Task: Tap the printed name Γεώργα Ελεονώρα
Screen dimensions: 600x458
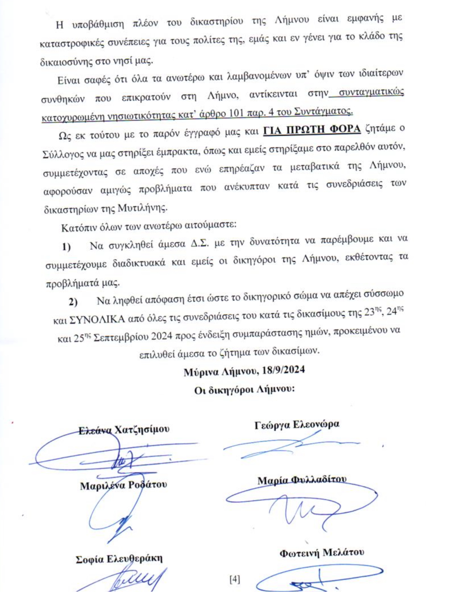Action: point(297,425)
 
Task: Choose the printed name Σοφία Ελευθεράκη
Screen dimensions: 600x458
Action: point(119,559)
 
